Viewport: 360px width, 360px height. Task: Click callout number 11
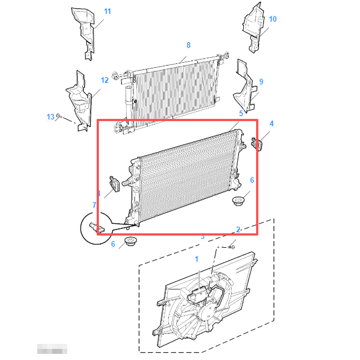[107, 11]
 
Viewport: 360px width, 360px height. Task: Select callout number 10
[272, 19]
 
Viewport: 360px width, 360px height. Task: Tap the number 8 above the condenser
[188, 45]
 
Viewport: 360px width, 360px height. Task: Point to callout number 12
[104, 80]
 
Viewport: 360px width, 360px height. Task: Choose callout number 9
[261, 82]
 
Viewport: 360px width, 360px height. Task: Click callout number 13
[51, 117]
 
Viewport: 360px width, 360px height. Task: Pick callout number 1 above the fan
[196, 259]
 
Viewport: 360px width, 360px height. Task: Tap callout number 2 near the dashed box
[238, 229]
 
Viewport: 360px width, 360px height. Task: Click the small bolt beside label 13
[60, 118]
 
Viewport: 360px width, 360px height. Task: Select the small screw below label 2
[232, 245]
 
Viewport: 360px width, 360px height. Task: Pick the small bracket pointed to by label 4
[257, 143]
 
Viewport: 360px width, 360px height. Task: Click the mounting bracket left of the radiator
[114, 184]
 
